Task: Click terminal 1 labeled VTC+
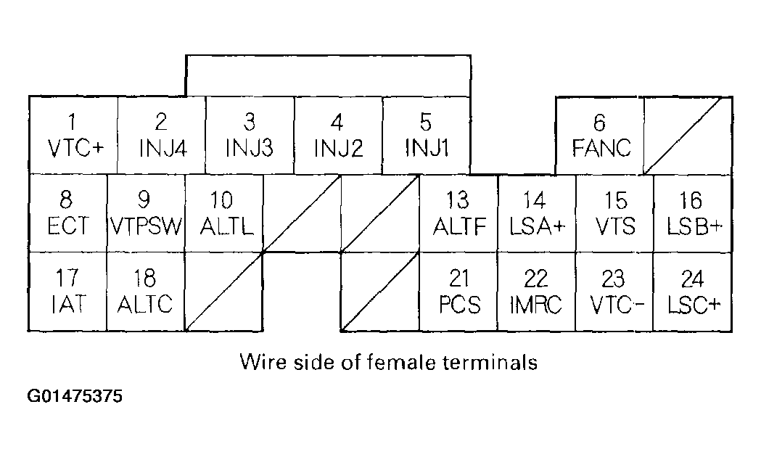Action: (73, 136)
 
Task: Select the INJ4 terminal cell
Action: (162, 136)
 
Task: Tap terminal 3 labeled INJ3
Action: (250, 136)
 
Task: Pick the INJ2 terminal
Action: (338, 136)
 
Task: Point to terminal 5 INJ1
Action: (427, 136)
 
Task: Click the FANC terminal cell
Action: (600, 136)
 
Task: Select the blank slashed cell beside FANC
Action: (687, 136)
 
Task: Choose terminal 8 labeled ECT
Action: (67, 214)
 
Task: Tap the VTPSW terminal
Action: (146, 214)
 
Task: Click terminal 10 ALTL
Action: (224, 214)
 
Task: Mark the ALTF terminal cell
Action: (458, 214)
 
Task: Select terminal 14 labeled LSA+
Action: (537, 214)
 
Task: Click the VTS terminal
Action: (614, 214)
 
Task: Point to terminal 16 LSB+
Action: (693, 214)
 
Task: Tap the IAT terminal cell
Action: (67, 292)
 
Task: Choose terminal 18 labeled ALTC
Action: (146, 292)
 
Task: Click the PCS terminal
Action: (458, 292)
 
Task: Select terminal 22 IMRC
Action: (537, 292)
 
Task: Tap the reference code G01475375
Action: (75, 397)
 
